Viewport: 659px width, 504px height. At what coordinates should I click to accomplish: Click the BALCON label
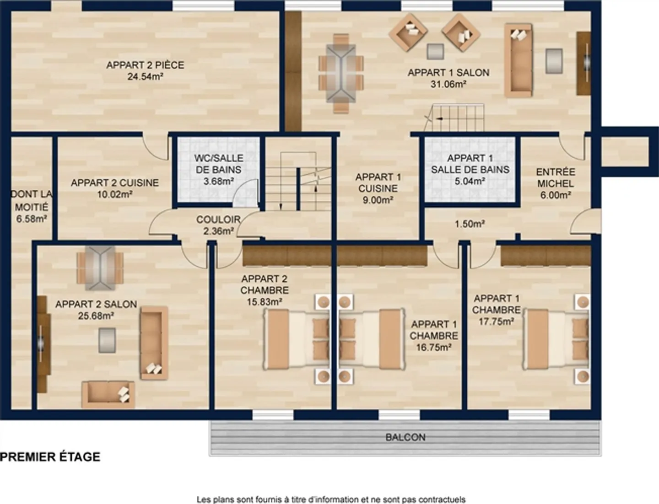405,437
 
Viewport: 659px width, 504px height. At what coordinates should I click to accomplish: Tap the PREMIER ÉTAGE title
50,457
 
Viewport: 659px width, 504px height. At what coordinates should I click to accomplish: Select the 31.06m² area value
448,84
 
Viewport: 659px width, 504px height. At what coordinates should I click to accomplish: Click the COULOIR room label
218,220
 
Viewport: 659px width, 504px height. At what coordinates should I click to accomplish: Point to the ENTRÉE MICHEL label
555,178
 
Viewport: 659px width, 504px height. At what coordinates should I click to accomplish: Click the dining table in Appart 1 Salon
341,73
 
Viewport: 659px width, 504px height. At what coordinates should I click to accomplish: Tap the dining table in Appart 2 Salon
100,268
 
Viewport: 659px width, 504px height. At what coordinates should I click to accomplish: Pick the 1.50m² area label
470,224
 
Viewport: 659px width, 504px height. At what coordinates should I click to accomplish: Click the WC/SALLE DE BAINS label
219,164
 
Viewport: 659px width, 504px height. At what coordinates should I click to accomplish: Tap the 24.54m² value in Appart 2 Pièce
145,77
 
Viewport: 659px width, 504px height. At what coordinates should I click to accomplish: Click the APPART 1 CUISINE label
378,182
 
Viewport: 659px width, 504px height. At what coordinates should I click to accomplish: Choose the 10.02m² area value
114,194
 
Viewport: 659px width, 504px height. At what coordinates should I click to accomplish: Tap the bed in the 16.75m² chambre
371,339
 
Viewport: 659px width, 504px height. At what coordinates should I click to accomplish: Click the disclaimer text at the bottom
331,499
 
